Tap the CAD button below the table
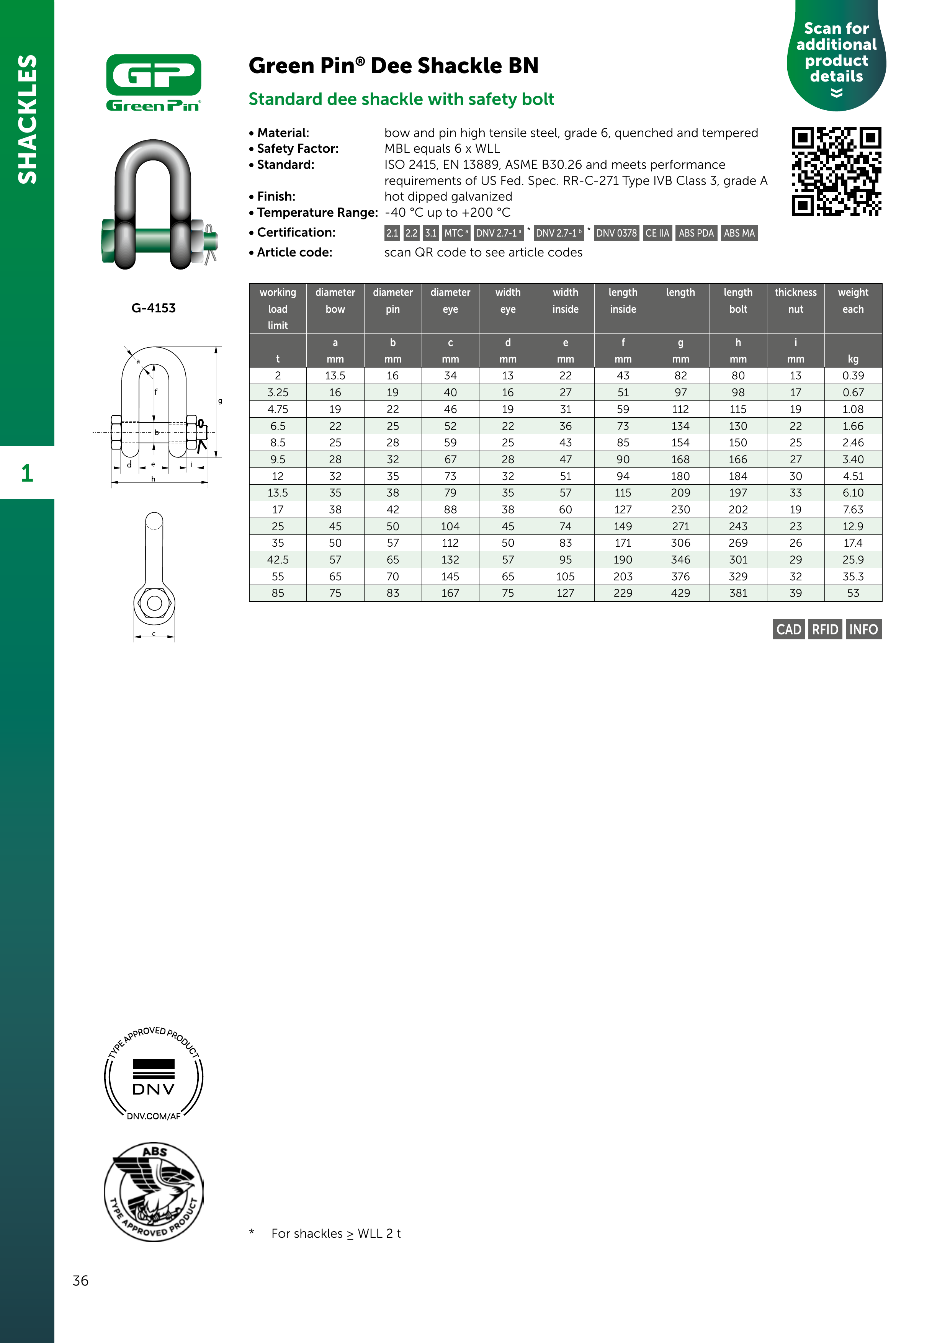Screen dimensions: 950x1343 (x=788, y=629)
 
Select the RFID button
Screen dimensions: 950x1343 (x=825, y=629)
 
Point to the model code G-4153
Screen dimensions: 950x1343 (x=153, y=308)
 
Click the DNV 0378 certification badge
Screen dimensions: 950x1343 (x=616, y=233)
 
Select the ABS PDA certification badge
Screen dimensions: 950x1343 (x=696, y=233)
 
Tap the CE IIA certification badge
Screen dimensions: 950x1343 (x=657, y=233)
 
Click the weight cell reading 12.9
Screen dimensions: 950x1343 (x=853, y=526)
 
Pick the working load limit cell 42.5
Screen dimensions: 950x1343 (x=278, y=560)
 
